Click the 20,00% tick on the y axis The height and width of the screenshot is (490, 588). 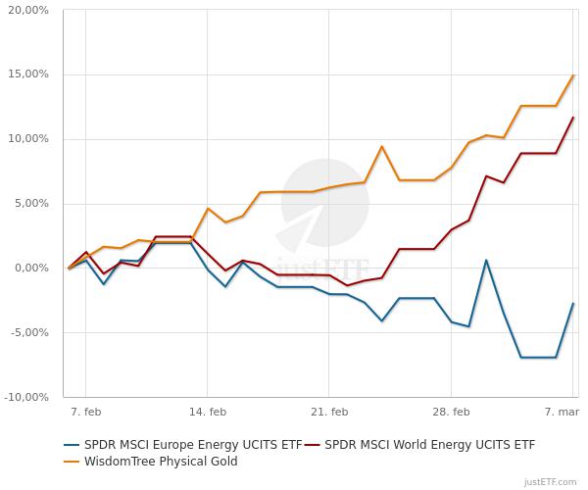[28, 11]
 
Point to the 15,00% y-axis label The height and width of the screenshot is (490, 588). [28, 74]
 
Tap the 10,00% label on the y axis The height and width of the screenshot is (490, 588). [28, 139]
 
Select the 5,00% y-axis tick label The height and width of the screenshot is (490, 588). [31, 204]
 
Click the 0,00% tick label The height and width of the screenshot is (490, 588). [31, 268]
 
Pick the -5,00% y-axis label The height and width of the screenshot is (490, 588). [29, 332]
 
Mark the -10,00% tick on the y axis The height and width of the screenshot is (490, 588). [27, 397]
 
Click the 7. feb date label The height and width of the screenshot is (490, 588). [85, 413]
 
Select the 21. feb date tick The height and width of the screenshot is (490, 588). [328, 413]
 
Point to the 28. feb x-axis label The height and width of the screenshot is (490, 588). [450, 413]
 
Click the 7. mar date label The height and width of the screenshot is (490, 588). [561, 413]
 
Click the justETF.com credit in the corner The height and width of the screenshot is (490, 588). [552, 481]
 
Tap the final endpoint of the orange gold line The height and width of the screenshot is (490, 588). [573, 74]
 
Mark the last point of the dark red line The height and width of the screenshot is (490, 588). [573, 118]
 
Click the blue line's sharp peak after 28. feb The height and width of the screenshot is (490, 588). [486, 260]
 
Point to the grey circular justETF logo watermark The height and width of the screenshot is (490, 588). [324, 203]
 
